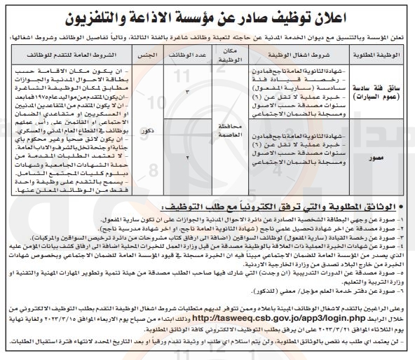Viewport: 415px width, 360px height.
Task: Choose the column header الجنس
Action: coord(151,53)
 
